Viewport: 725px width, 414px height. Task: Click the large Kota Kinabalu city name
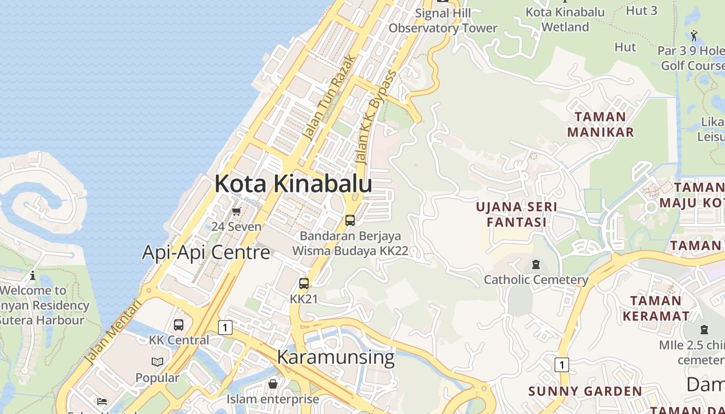pyautogui.click(x=293, y=184)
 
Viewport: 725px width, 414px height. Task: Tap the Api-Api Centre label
pyautogui.click(x=206, y=253)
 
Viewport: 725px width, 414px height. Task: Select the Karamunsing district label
pyautogui.click(x=336, y=357)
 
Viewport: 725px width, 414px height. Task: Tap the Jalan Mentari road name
pyautogui.click(x=112, y=334)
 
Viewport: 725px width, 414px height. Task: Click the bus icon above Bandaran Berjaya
pyautogui.click(x=350, y=220)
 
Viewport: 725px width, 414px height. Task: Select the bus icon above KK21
pyautogui.click(x=304, y=284)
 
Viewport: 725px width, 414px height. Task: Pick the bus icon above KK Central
pyautogui.click(x=179, y=325)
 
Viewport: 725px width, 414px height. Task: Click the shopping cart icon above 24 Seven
pyautogui.click(x=237, y=211)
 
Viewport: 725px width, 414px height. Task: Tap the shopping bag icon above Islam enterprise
pyautogui.click(x=273, y=384)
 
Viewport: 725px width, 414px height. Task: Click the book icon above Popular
pyautogui.click(x=157, y=362)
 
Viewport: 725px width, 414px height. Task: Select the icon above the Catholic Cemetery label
pyautogui.click(x=536, y=265)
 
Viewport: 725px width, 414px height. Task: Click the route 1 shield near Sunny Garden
pyautogui.click(x=561, y=365)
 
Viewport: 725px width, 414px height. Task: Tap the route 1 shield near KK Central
pyautogui.click(x=225, y=327)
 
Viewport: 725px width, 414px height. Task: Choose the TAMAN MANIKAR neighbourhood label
pyautogui.click(x=600, y=124)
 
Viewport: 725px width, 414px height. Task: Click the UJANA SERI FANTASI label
pyautogui.click(x=517, y=214)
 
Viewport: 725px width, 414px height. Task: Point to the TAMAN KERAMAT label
pyautogui.click(x=656, y=308)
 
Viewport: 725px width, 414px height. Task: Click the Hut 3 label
pyautogui.click(x=642, y=10)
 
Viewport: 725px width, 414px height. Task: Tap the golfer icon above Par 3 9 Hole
pyautogui.click(x=694, y=36)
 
